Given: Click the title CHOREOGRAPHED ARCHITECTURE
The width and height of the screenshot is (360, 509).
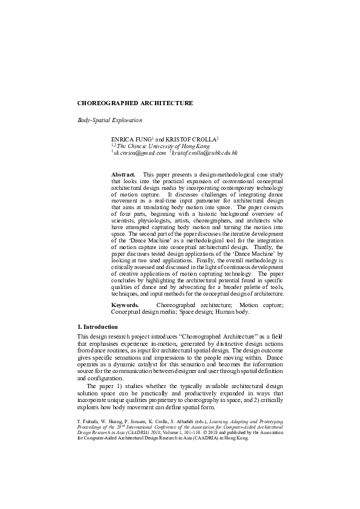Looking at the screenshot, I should coord(136,103).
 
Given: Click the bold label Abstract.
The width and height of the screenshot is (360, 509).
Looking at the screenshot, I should coord(123,174).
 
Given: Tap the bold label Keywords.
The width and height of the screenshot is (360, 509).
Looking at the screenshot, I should coord(125,306).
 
